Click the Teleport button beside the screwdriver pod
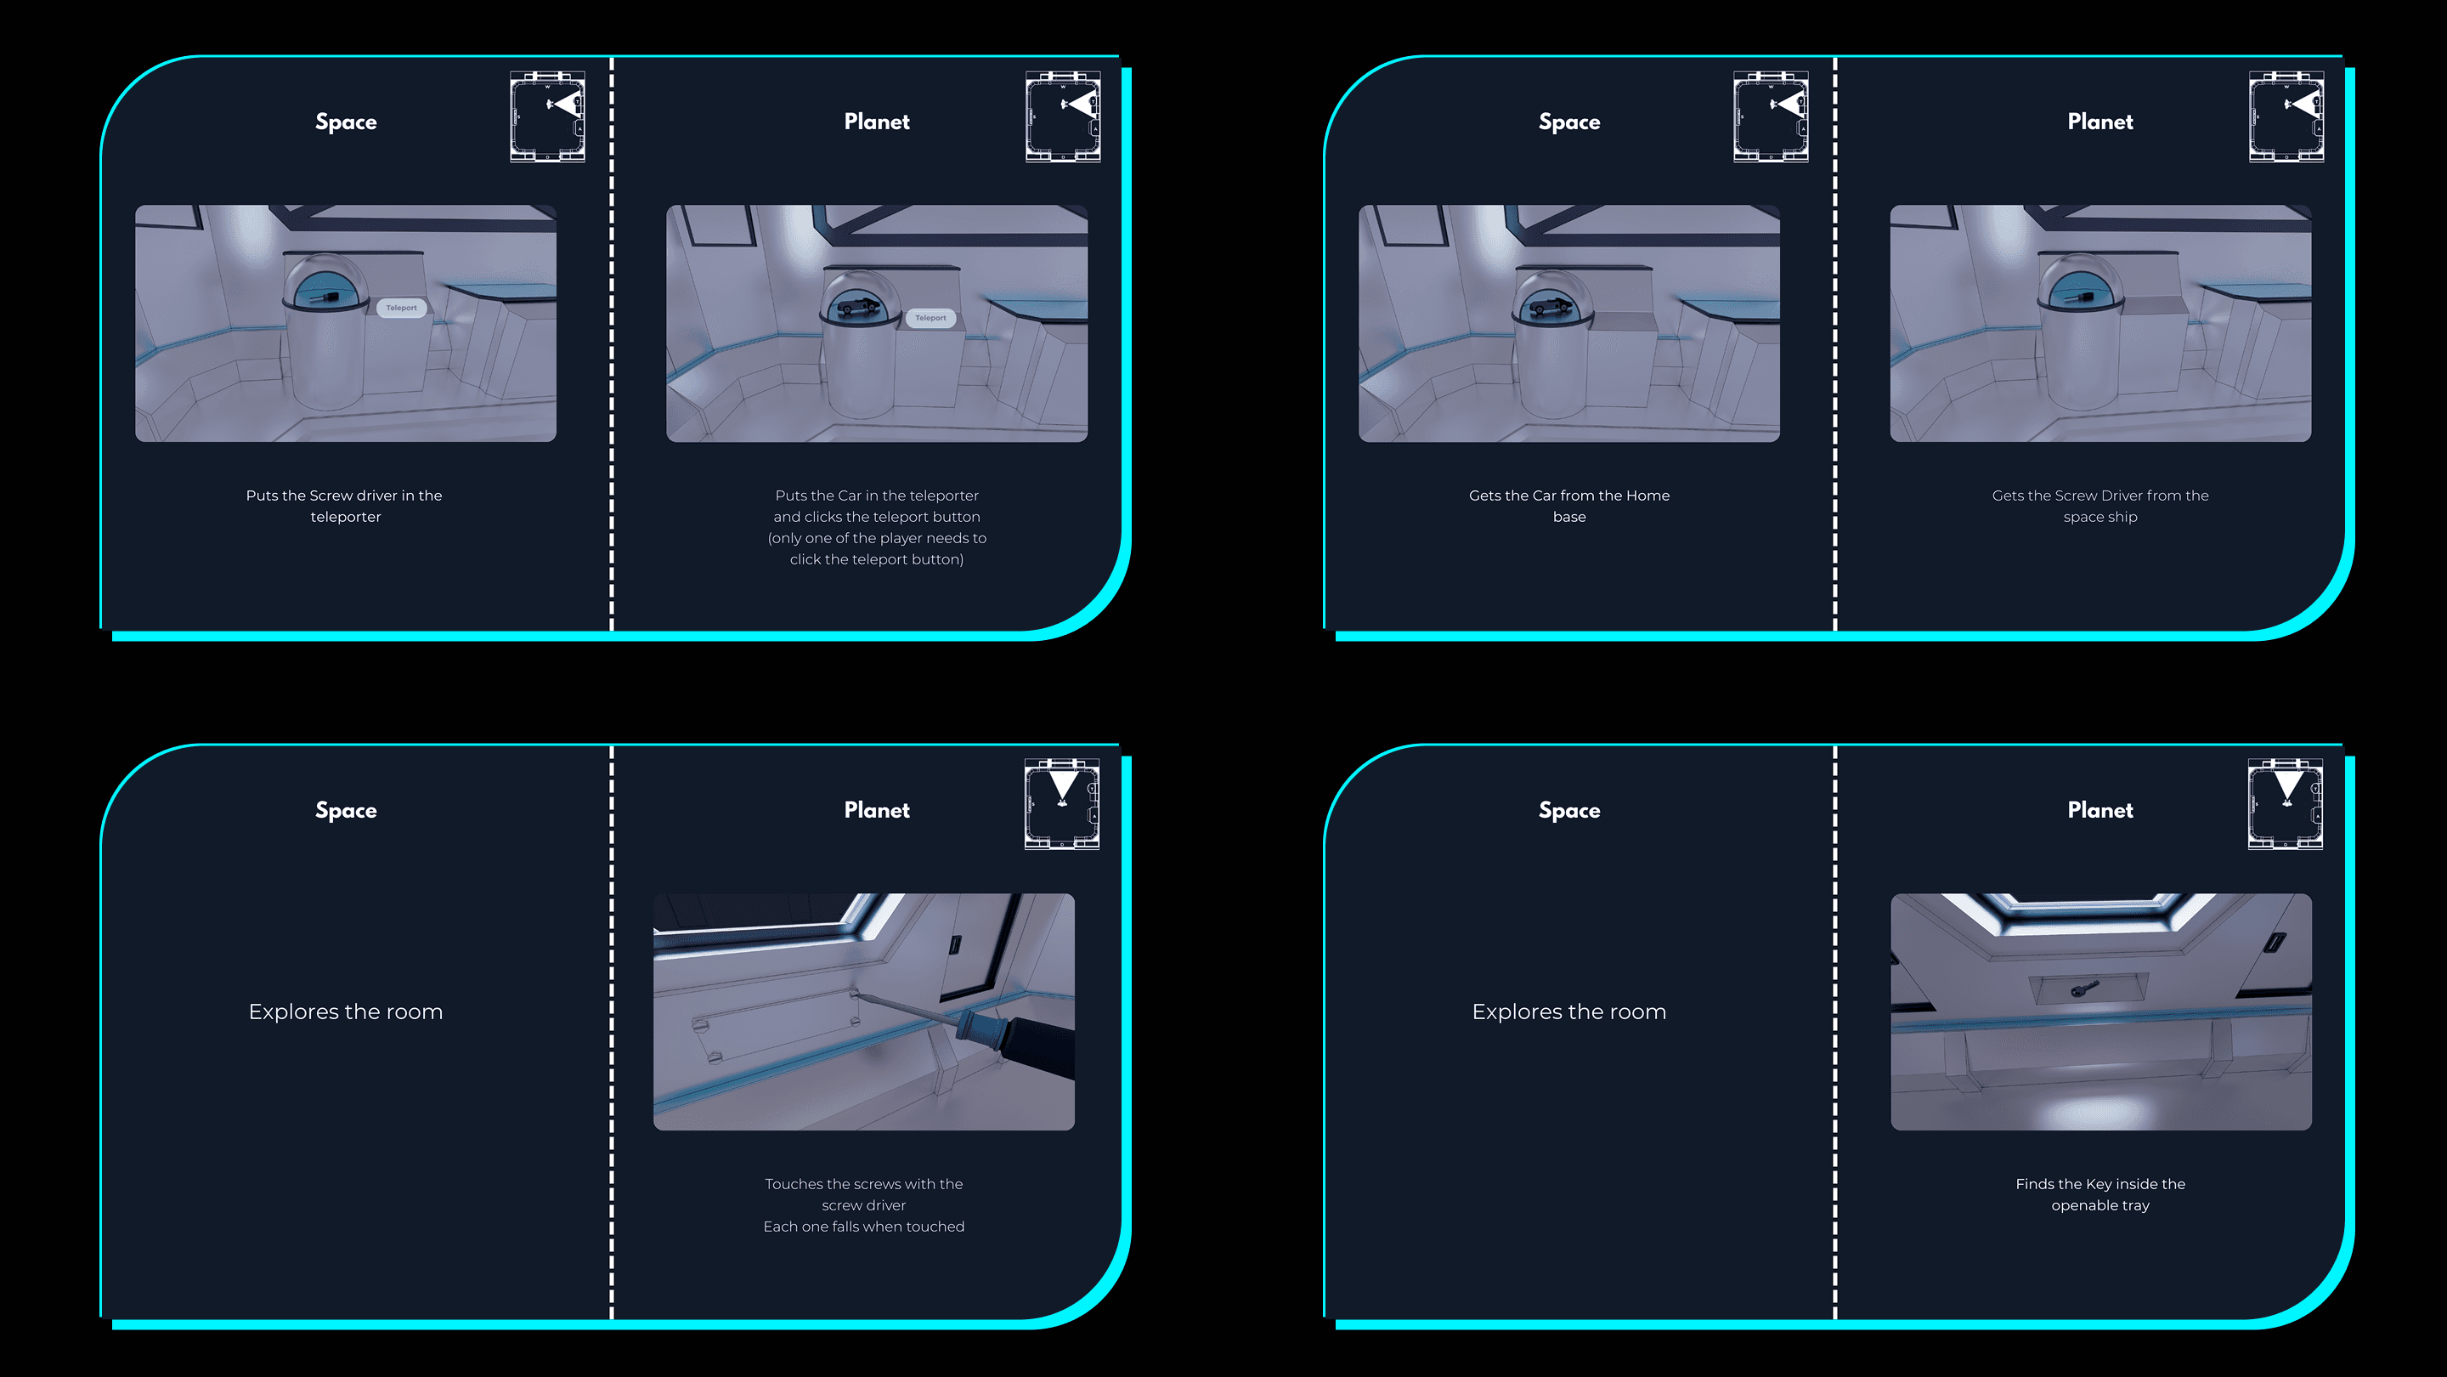(x=401, y=308)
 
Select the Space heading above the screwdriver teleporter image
(x=346, y=122)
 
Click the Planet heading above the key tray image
(x=2100, y=810)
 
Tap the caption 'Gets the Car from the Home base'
(x=1569, y=506)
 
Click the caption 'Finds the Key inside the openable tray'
(x=2100, y=1194)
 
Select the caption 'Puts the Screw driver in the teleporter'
(x=345, y=506)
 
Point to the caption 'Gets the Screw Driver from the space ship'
(x=2100, y=506)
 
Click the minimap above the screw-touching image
(x=1062, y=804)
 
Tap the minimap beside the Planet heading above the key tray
(x=2286, y=804)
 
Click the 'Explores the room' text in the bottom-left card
(x=346, y=1011)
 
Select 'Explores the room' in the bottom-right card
(x=1569, y=1011)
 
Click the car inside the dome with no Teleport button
(x=1551, y=307)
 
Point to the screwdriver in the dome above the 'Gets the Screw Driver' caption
(x=2079, y=297)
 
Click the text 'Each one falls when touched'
(x=863, y=1227)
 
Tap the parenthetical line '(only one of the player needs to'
(x=877, y=538)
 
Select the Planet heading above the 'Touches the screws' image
(x=877, y=810)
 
